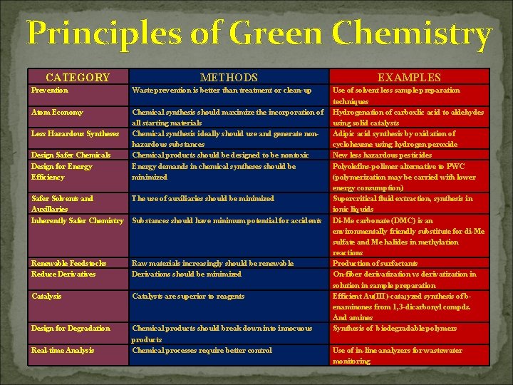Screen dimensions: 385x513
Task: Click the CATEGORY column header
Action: [78, 77]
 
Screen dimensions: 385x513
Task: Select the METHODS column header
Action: [229, 77]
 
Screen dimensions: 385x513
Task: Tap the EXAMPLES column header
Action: [409, 77]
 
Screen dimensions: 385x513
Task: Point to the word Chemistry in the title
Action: [415, 34]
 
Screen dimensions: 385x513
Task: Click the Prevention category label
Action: [50, 91]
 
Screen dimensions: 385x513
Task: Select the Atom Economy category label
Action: [57, 112]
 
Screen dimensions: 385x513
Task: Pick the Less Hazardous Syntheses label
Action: [76, 133]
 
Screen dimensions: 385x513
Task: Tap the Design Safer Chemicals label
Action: [71, 155]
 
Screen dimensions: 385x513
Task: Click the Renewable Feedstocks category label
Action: [69, 263]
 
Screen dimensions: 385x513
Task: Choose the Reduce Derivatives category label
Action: [63, 274]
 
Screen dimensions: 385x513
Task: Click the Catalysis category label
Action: [46, 296]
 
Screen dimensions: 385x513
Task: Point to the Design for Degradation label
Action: [71, 328]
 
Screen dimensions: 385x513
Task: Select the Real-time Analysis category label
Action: [62, 350]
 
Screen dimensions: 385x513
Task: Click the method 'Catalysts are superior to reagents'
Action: [188, 296]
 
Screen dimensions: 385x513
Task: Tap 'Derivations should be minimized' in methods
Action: [187, 274]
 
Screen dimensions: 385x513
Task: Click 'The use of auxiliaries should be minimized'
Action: [203, 198]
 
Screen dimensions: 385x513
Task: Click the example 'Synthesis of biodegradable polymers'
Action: [395, 328]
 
